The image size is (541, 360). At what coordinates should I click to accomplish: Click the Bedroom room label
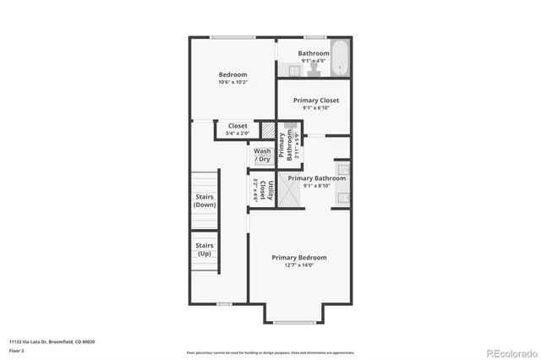(233, 74)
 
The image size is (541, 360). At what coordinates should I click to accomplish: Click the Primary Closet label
(316, 101)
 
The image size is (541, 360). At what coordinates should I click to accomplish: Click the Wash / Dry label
(262, 155)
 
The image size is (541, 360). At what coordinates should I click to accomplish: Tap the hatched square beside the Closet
(268, 132)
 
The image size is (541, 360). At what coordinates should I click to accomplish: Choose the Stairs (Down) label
(205, 201)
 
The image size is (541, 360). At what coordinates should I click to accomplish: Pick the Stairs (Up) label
(205, 250)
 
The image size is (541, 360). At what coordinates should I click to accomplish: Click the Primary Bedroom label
(298, 258)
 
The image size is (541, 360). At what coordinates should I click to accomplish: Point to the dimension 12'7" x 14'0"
(298, 266)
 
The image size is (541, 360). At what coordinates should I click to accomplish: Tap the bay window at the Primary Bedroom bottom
(293, 322)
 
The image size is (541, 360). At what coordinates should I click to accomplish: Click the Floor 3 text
(17, 350)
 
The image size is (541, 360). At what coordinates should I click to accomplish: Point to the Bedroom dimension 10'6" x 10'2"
(233, 83)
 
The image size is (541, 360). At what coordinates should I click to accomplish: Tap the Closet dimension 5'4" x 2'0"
(238, 134)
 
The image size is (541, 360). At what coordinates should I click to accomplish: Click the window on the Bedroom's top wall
(233, 37)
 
